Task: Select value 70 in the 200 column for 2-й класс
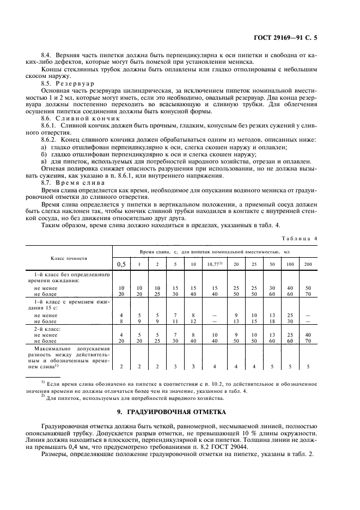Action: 308,341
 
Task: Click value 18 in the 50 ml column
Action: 271,321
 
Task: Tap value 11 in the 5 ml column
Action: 175,321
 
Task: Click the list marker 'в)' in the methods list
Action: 44,161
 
